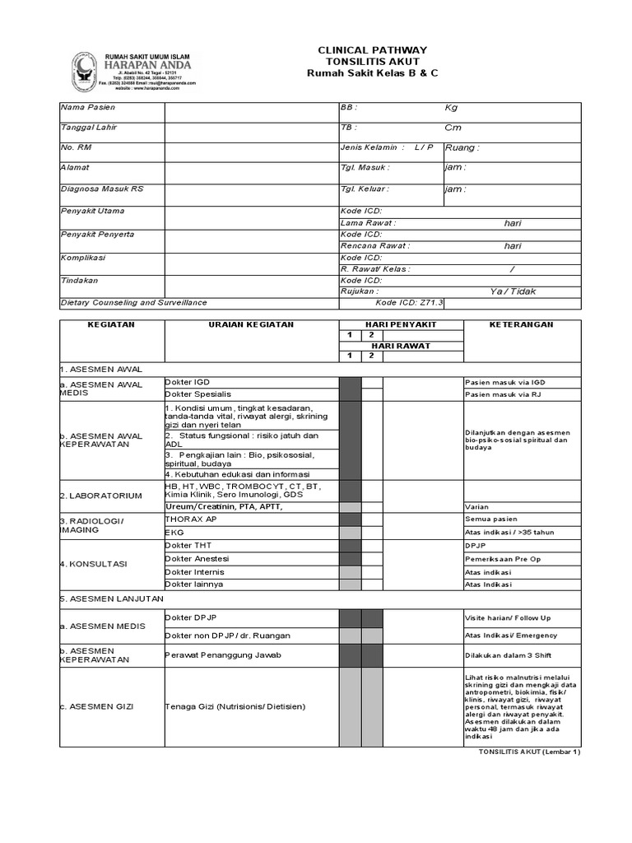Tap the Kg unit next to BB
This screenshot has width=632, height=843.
[451, 108]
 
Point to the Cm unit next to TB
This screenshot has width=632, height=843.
[453, 128]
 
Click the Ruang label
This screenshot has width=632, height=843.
[462, 148]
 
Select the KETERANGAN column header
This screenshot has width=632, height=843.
[522, 325]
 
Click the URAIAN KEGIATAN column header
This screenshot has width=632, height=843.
[252, 325]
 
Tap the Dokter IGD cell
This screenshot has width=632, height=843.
[188, 383]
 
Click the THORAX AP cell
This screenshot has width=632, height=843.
[191, 520]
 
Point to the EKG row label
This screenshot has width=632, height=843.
[174, 533]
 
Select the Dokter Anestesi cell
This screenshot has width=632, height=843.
[197, 559]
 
